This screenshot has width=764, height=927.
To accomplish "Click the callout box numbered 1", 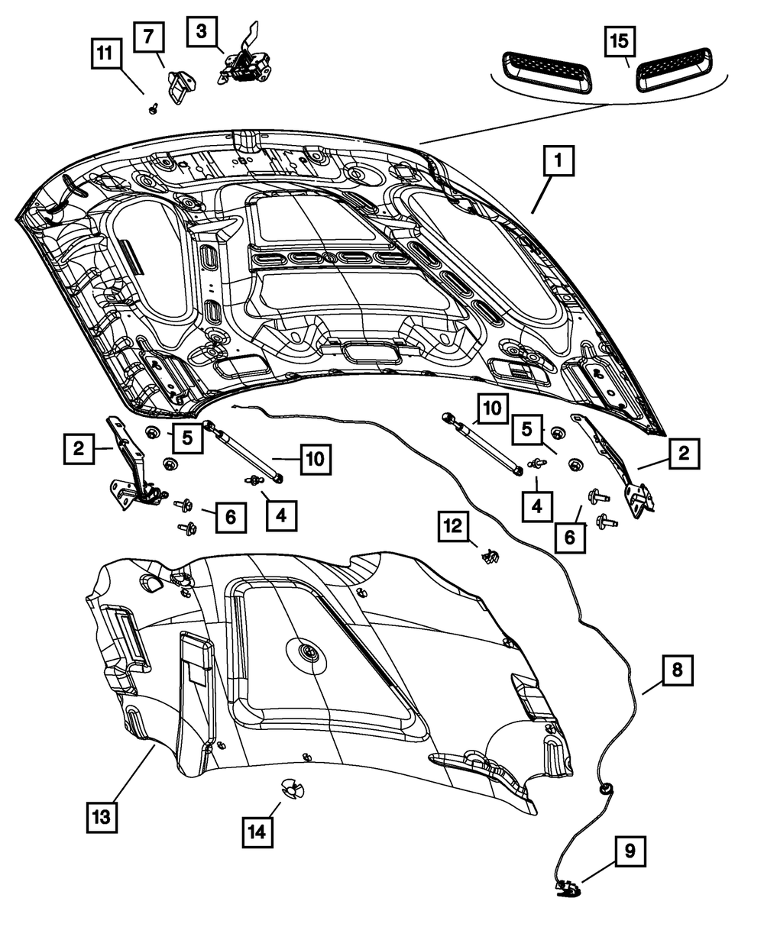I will [x=558, y=162].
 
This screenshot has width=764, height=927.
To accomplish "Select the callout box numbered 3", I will [x=202, y=32].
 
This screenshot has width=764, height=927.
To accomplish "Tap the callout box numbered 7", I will [x=149, y=37].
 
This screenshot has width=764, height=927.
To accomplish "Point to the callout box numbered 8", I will [x=678, y=670].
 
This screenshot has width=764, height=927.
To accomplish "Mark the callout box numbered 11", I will [x=107, y=54].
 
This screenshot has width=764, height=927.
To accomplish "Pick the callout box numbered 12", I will [x=453, y=527].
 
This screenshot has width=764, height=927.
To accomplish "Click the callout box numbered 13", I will [x=102, y=816].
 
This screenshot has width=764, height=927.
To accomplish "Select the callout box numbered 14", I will [x=257, y=830].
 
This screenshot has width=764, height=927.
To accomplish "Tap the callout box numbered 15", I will [x=621, y=40].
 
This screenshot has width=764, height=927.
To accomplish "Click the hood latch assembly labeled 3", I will [x=244, y=61].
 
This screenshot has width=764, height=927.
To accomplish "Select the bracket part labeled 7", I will [x=180, y=86].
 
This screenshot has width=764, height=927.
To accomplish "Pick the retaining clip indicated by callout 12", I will [x=489, y=556].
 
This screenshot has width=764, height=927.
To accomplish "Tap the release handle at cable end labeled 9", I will [x=566, y=887].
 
